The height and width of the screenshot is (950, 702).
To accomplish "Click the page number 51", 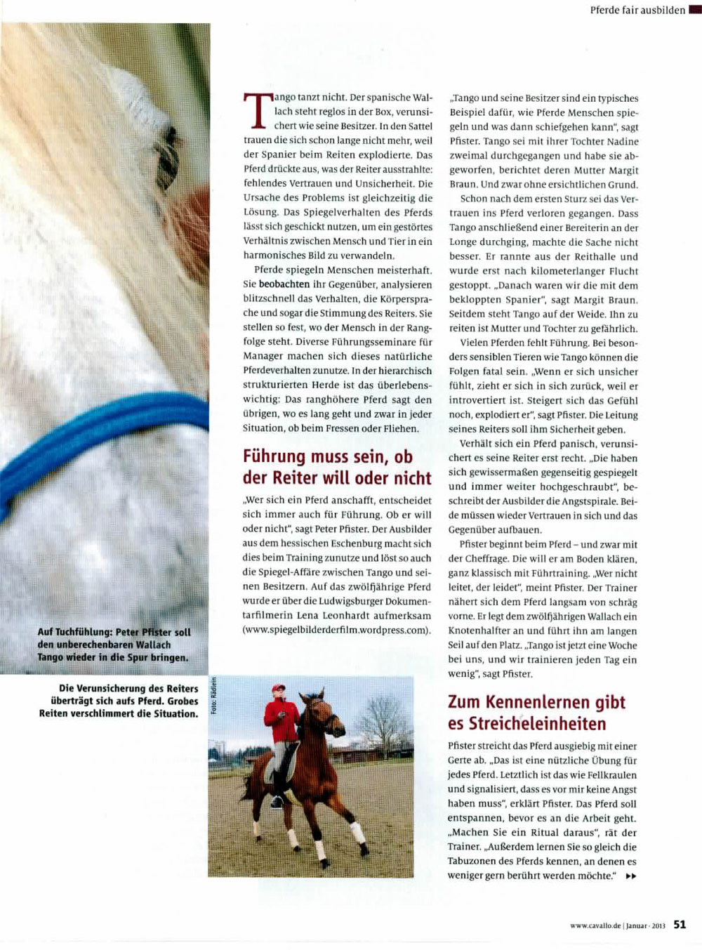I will [680, 925].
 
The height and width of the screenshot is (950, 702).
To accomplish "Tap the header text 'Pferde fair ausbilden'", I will [637, 11].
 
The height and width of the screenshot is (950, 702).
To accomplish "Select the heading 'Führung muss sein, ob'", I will [328, 456].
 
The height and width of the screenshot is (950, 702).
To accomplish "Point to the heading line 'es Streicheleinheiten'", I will [526, 723].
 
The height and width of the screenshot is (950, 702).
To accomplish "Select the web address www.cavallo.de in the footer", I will [596, 925].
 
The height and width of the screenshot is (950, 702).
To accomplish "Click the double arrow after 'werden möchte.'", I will [630, 876].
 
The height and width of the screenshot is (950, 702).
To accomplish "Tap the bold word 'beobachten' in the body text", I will [284, 284].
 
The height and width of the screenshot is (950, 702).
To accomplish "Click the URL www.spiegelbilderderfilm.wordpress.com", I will [336, 630].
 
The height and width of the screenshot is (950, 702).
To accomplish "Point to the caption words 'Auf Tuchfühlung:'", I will [74, 632].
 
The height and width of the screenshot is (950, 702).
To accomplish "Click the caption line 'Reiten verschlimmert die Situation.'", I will [119, 713].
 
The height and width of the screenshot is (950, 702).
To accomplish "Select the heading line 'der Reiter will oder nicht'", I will [337, 478].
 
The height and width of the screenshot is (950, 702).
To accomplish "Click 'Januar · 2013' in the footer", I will [645, 925].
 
